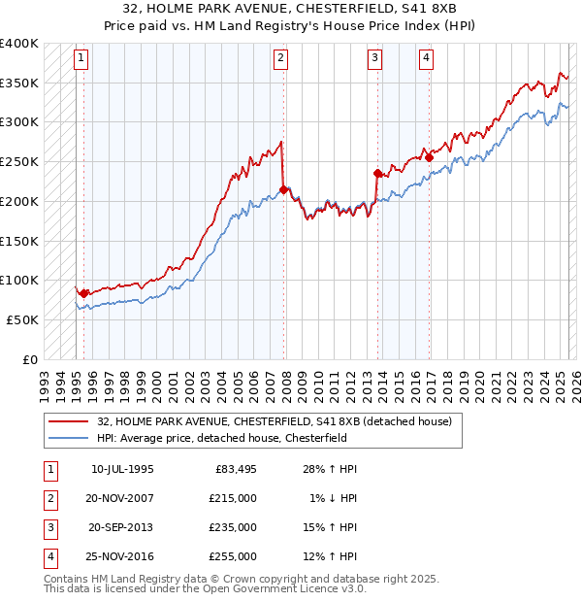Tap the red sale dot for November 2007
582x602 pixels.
[x=283, y=189]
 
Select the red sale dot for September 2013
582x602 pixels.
[x=377, y=174]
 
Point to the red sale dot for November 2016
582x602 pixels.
[x=429, y=157]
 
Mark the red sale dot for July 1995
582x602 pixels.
[x=83, y=293]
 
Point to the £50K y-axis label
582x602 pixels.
[x=23, y=319]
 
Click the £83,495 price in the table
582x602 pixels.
[x=235, y=469]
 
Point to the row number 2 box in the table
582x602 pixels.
[x=49, y=498]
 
